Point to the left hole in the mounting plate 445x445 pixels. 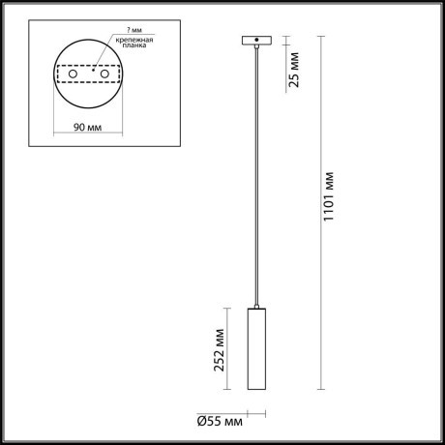coord(70,74)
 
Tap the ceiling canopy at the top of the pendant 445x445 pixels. coord(256,41)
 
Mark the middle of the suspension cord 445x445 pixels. coord(256,174)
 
